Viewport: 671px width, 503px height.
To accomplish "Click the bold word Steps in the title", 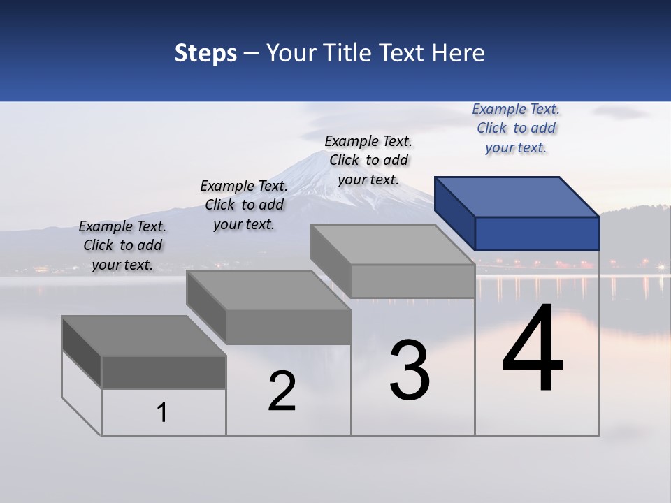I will coord(205,53).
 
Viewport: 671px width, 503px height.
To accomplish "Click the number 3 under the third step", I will coord(410,370).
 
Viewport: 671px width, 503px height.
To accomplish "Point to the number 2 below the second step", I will coord(282,391).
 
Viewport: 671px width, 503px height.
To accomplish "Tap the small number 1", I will coord(162,412).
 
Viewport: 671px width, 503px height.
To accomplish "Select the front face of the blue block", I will coord(537,233).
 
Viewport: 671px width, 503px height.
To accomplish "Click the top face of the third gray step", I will coord(391,245).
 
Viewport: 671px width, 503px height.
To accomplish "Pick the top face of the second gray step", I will coord(268,291).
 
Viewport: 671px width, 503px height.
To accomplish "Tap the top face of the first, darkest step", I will coord(143,336).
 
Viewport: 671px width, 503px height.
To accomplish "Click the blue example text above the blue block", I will coord(516,128).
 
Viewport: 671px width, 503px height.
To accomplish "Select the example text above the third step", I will coord(368,160).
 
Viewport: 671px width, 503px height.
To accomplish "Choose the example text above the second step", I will coord(244,205).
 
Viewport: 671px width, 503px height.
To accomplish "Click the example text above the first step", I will coord(122,245).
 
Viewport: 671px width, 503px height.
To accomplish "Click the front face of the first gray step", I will coord(164,372).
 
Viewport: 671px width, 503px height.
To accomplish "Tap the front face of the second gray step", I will coord(288,327).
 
